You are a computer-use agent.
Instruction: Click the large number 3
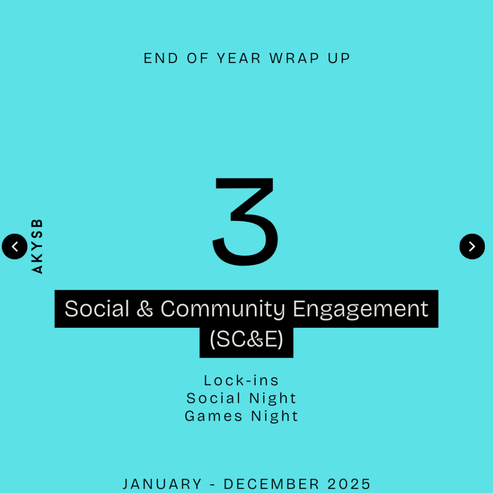coord(246,221)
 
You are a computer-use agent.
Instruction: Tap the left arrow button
coord(14,246)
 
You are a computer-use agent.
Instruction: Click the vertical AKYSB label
coord(37,246)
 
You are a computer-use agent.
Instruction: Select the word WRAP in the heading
coord(294,58)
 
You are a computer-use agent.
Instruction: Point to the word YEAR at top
coord(239,58)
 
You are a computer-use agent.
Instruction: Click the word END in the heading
coord(161,58)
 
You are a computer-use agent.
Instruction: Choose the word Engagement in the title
coord(360,309)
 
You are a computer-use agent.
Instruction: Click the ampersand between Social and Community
coord(144,309)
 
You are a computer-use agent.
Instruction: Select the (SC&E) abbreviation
coord(246,339)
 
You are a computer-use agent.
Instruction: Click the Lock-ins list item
coord(241,380)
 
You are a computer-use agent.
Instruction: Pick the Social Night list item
coord(241,398)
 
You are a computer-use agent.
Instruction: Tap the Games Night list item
coord(241,416)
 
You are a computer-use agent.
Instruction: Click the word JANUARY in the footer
coord(162,484)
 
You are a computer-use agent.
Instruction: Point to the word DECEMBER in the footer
coord(272,484)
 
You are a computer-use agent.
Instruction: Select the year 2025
coord(350,484)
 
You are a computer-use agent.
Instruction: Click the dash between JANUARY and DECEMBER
coord(212,484)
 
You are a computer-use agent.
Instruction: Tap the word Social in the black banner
coord(97,309)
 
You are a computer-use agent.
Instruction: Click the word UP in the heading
coord(339,58)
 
